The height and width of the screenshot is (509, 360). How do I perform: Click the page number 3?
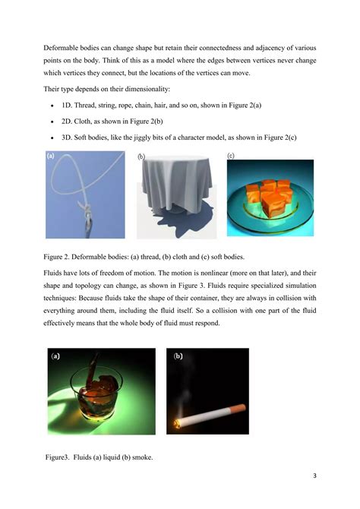(x=314, y=476)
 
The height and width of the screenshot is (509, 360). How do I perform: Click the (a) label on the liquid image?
(x=55, y=356)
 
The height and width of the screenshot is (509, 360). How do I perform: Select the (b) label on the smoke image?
(x=178, y=356)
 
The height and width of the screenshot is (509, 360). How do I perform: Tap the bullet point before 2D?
(x=51, y=121)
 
